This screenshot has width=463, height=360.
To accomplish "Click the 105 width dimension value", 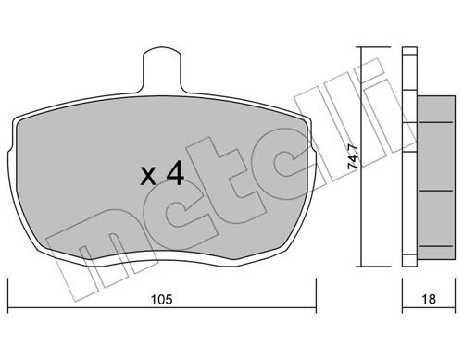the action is coord(161,300).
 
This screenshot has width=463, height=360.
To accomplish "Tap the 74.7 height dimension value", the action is coord(353,156).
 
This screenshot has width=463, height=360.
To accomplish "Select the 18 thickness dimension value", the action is coord(429,299).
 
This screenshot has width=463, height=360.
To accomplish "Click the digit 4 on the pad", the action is coord(175,176).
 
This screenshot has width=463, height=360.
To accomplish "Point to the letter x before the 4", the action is coord(148,177).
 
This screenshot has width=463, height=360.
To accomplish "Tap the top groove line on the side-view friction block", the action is coord(437,123).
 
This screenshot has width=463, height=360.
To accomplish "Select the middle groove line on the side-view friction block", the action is coord(437,192).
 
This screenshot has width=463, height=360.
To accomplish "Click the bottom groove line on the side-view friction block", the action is coord(437,246).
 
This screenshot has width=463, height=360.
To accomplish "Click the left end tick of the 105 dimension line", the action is coord(8,295).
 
